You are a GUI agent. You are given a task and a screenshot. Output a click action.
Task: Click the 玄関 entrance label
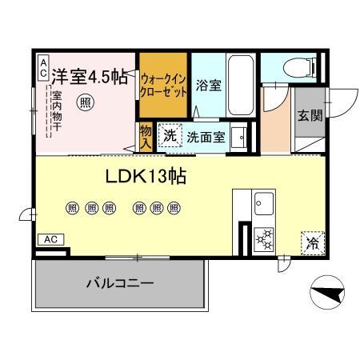(x=310, y=115)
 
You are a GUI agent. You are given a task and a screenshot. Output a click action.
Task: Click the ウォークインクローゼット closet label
(x=163, y=85)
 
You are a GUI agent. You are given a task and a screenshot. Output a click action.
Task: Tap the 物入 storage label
(x=146, y=137)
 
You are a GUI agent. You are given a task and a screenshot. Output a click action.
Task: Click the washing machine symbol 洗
(x=170, y=135)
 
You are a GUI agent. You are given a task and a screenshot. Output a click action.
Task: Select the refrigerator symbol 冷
(x=311, y=242)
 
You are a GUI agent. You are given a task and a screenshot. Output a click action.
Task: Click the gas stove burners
(x=264, y=239)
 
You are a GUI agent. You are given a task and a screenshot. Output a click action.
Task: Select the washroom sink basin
(x=238, y=137)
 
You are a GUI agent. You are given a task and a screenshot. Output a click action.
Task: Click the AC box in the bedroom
(x=42, y=67)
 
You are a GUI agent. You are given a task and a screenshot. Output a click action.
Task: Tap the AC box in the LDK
(x=50, y=239)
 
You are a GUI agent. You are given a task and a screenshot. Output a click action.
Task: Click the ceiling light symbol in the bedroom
(x=84, y=102)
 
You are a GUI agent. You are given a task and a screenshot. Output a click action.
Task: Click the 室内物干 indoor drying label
(x=58, y=114)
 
